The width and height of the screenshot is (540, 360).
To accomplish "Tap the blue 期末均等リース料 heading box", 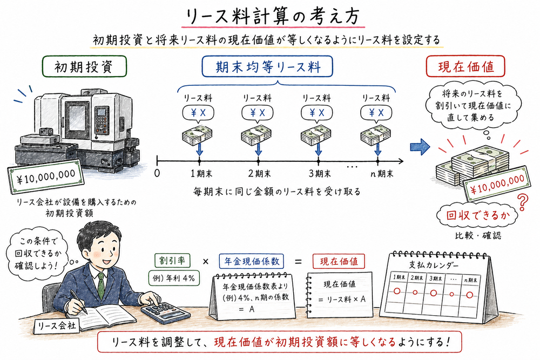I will coord(268,67).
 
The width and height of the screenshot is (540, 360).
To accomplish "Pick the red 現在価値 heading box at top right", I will coord(465,67).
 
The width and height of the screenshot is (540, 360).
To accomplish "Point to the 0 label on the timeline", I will coord(157,174).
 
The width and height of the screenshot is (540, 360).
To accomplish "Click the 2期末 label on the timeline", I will coord(258,174).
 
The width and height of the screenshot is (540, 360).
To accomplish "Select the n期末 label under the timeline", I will coord(378,174).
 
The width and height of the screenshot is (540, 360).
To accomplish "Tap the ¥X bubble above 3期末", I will coord(318,113).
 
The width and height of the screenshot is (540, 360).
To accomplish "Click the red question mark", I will coord(522,203).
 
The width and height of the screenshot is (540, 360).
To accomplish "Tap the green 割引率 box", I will coord(171,260).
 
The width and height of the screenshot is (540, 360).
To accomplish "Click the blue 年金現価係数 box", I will coord(252,261).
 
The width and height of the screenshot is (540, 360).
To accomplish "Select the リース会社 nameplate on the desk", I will coord(56,325).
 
